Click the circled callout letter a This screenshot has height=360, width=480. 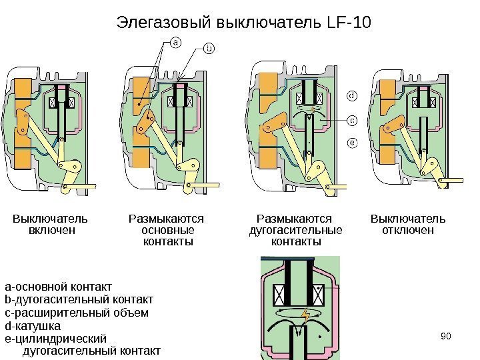[176, 43]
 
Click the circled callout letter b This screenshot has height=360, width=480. [208, 48]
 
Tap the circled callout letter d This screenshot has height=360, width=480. [353, 97]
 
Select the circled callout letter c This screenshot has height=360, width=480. [353, 120]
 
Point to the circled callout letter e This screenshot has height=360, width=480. [353, 142]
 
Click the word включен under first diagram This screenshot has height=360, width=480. [50, 230]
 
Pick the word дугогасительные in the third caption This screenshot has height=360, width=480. [294, 230]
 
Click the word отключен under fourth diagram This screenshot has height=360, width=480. [407, 230]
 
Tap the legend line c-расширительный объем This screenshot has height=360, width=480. [76, 314]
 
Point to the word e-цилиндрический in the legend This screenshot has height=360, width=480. [56, 339]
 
